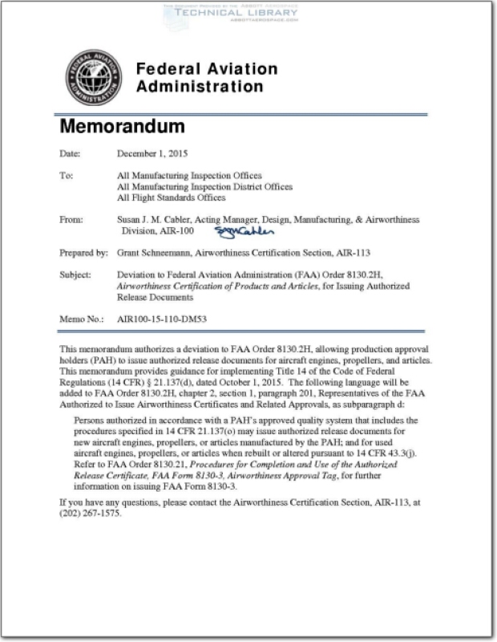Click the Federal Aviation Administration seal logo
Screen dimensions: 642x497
(90, 78)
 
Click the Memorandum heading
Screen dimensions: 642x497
(122, 127)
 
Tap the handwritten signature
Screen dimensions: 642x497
(244, 232)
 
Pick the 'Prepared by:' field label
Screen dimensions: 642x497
(83, 253)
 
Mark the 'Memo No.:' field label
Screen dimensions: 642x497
(82, 319)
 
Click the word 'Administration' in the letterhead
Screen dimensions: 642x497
(200, 87)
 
